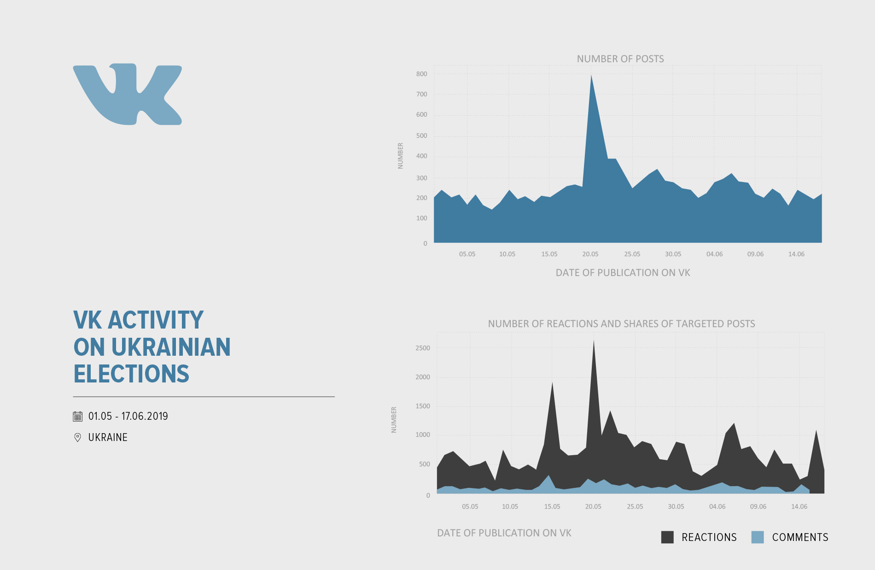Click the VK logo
pyautogui.click(x=128, y=94)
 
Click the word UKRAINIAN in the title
pyautogui.click(x=171, y=347)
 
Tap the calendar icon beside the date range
pyautogui.click(x=78, y=417)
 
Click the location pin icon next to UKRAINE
pyautogui.click(x=78, y=437)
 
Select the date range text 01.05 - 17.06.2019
pyautogui.click(x=128, y=416)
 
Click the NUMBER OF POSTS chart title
pyautogui.click(x=620, y=59)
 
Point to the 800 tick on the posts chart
pyautogui.click(x=421, y=74)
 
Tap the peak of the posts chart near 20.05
pyautogui.click(x=591, y=76)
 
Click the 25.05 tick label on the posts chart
pyautogui.click(x=632, y=254)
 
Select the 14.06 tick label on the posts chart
pyautogui.click(x=796, y=254)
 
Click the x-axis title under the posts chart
pyautogui.click(x=623, y=273)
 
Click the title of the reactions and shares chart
pyautogui.click(x=621, y=324)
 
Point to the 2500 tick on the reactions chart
pyautogui.click(x=422, y=348)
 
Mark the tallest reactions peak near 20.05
pyautogui.click(x=594, y=342)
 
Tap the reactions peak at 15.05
pyautogui.click(x=552, y=384)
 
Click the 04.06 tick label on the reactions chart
pyautogui.click(x=717, y=506)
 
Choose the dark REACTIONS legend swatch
pyautogui.click(x=667, y=537)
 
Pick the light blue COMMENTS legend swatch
pyautogui.click(x=758, y=537)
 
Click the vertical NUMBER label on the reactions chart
pyautogui.click(x=394, y=420)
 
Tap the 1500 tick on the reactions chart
pyautogui.click(x=422, y=406)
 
